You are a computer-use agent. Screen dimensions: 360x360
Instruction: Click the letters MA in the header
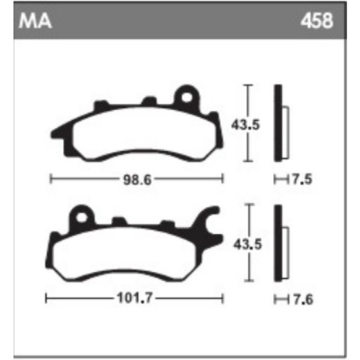point(35,21)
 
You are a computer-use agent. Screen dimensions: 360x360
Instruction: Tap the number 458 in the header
point(316,21)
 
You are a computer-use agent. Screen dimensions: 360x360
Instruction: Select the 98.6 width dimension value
point(137,180)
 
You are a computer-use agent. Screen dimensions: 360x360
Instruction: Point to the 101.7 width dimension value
point(134,298)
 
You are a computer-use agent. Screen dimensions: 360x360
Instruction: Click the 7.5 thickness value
point(302,179)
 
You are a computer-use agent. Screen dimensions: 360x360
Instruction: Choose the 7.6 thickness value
point(303,299)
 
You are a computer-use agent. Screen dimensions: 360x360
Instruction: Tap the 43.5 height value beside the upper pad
point(245,124)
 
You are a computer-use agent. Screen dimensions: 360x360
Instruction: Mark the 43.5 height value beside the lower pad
point(247,244)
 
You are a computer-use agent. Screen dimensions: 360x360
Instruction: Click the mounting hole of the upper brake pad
point(187,97)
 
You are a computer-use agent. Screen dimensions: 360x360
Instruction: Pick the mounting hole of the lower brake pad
point(82,217)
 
